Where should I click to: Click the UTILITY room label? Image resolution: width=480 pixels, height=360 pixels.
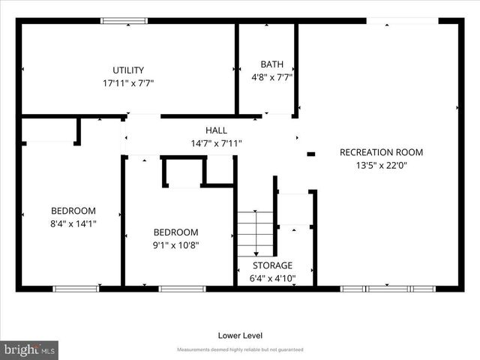[128, 70]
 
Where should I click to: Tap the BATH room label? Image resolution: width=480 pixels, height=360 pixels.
[271, 64]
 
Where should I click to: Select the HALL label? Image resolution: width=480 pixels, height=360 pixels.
[216, 130]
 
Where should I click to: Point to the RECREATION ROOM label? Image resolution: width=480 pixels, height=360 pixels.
[381, 152]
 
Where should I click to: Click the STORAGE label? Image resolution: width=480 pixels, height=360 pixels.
[271, 265]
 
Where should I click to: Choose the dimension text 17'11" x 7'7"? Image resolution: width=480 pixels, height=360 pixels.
[128, 82]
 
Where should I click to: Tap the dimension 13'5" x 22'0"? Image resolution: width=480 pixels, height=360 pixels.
[381, 166]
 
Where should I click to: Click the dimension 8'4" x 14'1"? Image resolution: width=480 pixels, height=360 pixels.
[73, 223]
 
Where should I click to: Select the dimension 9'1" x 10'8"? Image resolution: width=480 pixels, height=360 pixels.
[176, 244]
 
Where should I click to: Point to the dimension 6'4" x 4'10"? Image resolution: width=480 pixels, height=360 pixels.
[271, 278]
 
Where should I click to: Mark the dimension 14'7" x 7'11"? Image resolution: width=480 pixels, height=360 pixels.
[216, 143]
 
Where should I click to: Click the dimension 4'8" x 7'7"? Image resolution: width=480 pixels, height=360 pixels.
[271, 76]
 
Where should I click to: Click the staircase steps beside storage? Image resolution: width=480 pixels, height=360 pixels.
[255, 233]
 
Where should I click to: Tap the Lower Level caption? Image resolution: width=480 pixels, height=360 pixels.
[240, 335]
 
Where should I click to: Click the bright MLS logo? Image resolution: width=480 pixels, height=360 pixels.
[30, 349]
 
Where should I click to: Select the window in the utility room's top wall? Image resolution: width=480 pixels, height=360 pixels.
[124, 20]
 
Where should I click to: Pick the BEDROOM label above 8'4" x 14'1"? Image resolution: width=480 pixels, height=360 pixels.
[73, 211]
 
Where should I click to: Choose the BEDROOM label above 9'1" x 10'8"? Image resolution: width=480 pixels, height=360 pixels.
[176, 232]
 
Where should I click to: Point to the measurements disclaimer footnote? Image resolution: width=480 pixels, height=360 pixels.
[240, 350]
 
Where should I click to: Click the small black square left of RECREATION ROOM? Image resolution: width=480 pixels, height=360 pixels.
[311, 154]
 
